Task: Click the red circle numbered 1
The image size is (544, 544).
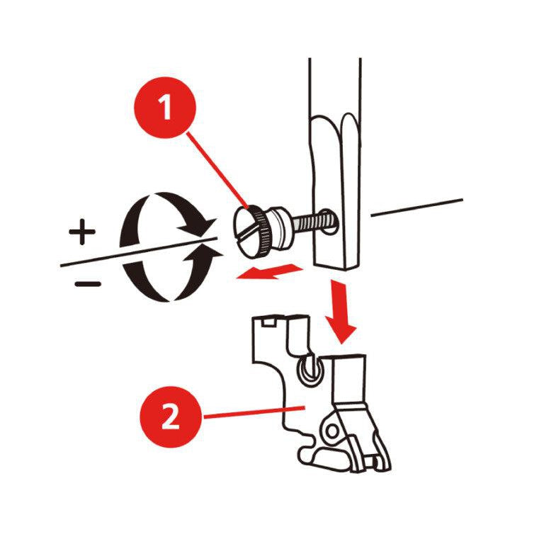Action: [165, 108]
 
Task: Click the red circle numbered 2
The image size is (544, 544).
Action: [170, 417]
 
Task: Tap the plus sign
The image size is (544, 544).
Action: [82, 232]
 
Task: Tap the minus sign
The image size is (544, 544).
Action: [88, 284]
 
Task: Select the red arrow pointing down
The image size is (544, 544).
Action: [340, 311]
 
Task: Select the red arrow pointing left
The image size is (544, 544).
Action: [269, 271]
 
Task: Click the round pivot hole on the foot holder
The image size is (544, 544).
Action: [332, 431]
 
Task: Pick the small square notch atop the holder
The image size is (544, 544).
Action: [269, 322]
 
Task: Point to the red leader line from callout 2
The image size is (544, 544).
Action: [254, 412]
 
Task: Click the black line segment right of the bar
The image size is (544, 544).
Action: [416, 208]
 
